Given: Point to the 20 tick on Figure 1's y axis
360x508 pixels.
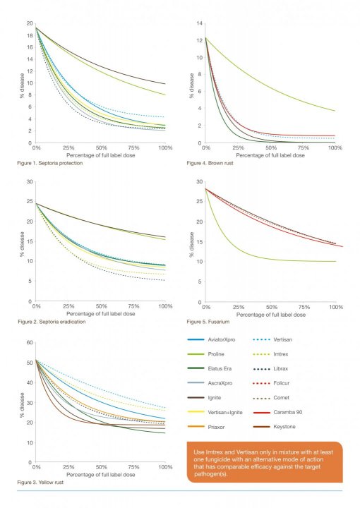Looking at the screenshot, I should pyautogui.click(x=29, y=23).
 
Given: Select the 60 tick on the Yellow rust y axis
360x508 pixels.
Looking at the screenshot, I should pyautogui.click(x=29, y=343).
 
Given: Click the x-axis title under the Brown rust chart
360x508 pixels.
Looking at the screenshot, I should pyautogui.click(x=270, y=156).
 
